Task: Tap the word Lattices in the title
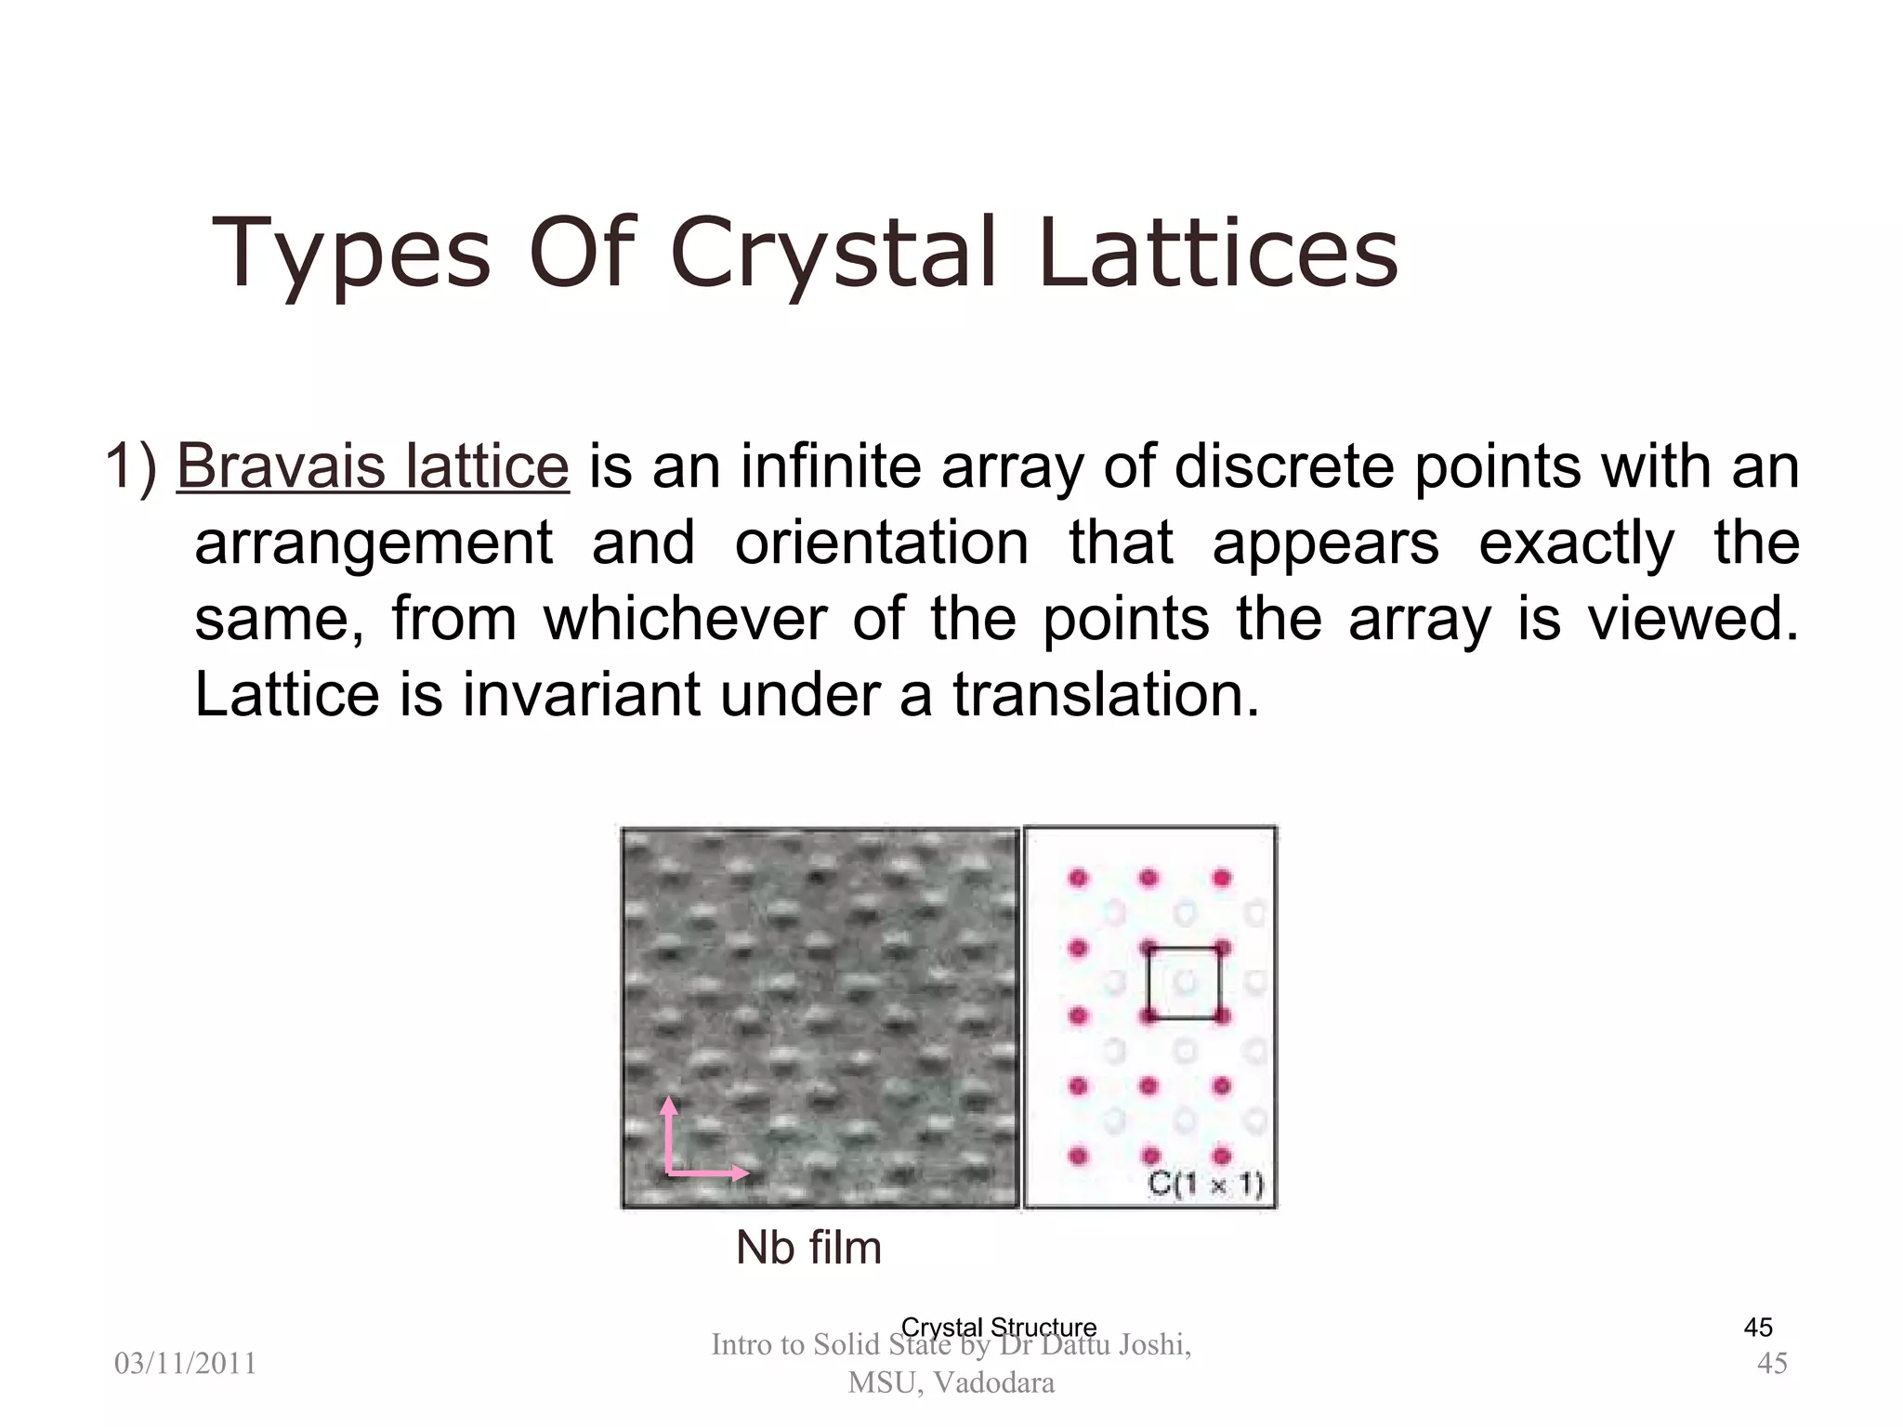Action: pos(1218,253)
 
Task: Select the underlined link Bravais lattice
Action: pos(372,466)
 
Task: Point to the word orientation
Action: pos(881,543)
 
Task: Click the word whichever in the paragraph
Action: pos(685,619)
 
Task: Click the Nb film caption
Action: pos(807,1247)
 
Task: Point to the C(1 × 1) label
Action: pos(1205,1184)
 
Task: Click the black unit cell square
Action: pos(1149,983)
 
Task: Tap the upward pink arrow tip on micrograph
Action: pos(669,1103)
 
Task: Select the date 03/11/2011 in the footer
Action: pos(185,1364)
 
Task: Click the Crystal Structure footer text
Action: pos(999,1327)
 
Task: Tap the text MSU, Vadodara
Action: pos(951,1383)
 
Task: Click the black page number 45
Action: pos(1757,1328)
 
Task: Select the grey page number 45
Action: pos(1772,1364)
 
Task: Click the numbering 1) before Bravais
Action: pos(130,466)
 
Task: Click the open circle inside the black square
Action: pos(1184,981)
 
